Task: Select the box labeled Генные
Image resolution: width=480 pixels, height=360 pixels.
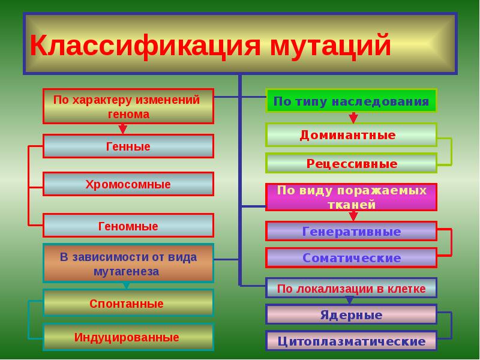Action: pos(128,146)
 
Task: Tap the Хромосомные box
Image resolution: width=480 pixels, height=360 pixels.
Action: pos(128,184)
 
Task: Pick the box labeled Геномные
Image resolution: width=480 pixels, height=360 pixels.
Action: pos(128,226)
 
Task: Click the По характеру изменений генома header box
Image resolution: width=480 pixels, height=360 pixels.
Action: pos(128,106)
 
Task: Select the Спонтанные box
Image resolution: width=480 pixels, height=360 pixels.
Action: pos(128,304)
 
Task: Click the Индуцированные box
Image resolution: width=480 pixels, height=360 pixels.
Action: pos(128,337)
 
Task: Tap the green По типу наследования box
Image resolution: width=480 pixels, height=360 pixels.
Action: pos(351,101)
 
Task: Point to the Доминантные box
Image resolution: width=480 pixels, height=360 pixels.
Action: pos(351,135)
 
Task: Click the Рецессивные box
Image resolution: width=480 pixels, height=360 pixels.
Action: pos(351,163)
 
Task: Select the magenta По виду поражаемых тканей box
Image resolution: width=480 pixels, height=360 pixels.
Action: pos(351,197)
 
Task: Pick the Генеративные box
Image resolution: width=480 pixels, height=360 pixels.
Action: pos(351,231)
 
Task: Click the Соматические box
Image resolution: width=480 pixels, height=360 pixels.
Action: pos(351,258)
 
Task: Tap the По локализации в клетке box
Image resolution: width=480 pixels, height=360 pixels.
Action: pos(351,289)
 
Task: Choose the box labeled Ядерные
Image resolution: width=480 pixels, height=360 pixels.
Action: pos(351,315)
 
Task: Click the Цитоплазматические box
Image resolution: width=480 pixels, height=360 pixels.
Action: pos(351,341)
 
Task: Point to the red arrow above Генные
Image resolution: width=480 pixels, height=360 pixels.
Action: pos(123,128)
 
